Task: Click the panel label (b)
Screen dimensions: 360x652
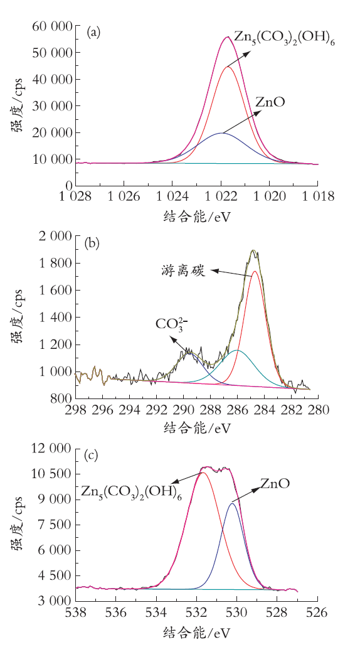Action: click(92, 243)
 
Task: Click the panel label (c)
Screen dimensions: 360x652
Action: click(91, 456)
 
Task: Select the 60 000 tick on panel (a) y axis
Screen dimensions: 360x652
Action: click(51, 26)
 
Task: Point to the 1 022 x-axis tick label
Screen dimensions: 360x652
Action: click(221, 196)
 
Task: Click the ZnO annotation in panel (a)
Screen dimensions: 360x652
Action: click(270, 102)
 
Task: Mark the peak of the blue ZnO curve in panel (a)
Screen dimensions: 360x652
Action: click(221, 133)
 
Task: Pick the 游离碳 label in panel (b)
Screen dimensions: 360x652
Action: click(183, 271)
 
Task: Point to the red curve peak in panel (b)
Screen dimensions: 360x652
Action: click(255, 271)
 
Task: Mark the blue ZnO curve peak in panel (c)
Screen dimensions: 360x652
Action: click(232, 503)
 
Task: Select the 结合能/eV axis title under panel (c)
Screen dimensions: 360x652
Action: click(197, 633)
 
